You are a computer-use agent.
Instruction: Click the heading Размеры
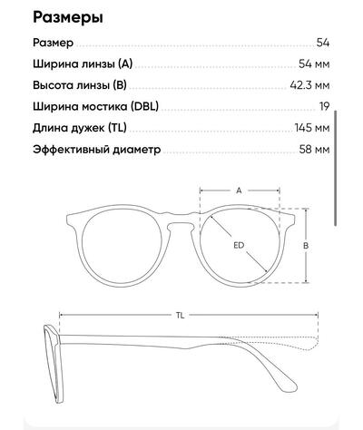(68, 17)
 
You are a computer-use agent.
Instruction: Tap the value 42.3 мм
(309, 85)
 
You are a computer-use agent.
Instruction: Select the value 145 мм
(312, 128)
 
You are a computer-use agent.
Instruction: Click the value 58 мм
(314, 149)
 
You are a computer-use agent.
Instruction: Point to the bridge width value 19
(324, 106)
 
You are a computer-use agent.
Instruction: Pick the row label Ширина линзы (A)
(83, 64)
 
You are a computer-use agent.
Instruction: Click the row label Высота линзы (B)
(80, 85)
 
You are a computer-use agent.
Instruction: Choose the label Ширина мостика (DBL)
(95, 106)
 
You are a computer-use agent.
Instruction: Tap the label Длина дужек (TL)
(80, 128)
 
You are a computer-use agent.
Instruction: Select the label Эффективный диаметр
(96, 150)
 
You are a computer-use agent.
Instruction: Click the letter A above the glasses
(239, 191)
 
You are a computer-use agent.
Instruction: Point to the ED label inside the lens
(239, 245)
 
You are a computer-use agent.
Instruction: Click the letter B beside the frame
(306, 246)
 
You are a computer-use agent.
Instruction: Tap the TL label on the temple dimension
(180, 316)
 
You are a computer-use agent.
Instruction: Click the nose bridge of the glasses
(181, 219)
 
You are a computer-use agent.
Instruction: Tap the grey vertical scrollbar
(336, 168)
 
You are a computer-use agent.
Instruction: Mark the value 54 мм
(314, 64)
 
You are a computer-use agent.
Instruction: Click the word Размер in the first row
(53, 43)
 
